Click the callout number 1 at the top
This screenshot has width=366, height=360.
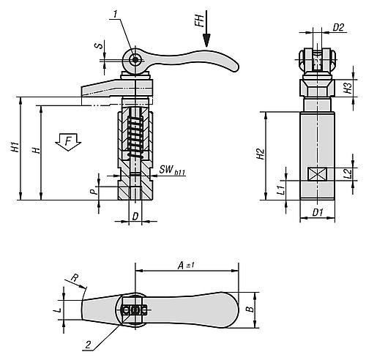pyautogui.click(x=115, y=12)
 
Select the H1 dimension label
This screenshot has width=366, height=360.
pyautogui.click(x=15, y=149)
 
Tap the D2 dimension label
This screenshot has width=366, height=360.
pyautogui.click(x=338, y=29)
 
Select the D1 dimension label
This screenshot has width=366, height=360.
pyautogui.click(x=318, y=213)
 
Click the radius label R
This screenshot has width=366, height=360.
pyautogui.click(x=75, y=278)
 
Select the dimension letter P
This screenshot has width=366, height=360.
pyautogui.click(x=92, y=191)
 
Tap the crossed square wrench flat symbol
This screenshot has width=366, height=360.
pyautogui.click(x=317, y=176)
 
